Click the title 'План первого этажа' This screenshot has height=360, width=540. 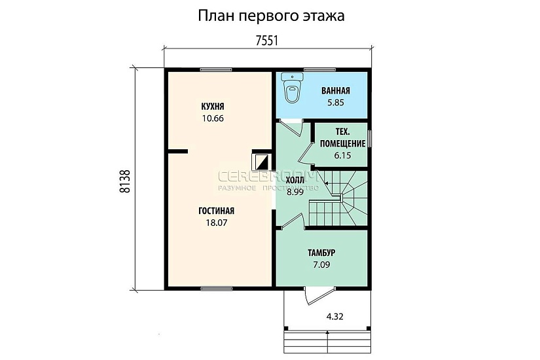[x=271, y=15]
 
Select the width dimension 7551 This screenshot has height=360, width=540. [x=267, y=41]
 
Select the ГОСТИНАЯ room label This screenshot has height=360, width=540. [x=216, y=211]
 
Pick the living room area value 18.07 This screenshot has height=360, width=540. [x=216, y=223]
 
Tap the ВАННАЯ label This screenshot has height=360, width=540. [x=335, y=91]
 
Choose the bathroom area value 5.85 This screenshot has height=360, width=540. [x=335, y=103]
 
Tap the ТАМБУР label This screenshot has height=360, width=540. [x=321, y=253]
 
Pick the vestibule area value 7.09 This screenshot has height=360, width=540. [x=321, y=265]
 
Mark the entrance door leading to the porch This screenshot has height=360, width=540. [x=315, y=295]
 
